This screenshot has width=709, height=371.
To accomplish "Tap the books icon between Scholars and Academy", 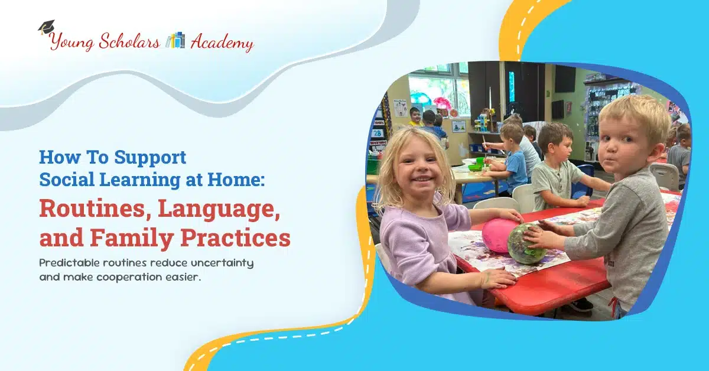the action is coord(175,41).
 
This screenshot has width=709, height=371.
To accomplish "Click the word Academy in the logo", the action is coord(222,43).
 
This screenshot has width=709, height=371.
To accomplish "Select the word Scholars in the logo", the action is coord(129,41).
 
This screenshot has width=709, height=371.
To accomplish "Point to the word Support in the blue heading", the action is coord(150,158).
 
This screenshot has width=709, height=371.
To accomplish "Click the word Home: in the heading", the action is coord(236,179).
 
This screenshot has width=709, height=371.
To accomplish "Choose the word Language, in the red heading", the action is coord(219,210).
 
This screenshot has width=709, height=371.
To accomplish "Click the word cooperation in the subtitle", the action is coord(129,277).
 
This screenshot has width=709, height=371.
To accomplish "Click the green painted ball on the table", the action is coord(526,243).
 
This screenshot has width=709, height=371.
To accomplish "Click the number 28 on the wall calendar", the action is coord(377,134).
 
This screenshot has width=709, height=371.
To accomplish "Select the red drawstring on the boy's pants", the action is coord(614,307).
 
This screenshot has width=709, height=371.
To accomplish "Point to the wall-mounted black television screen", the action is coord(565,79).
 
